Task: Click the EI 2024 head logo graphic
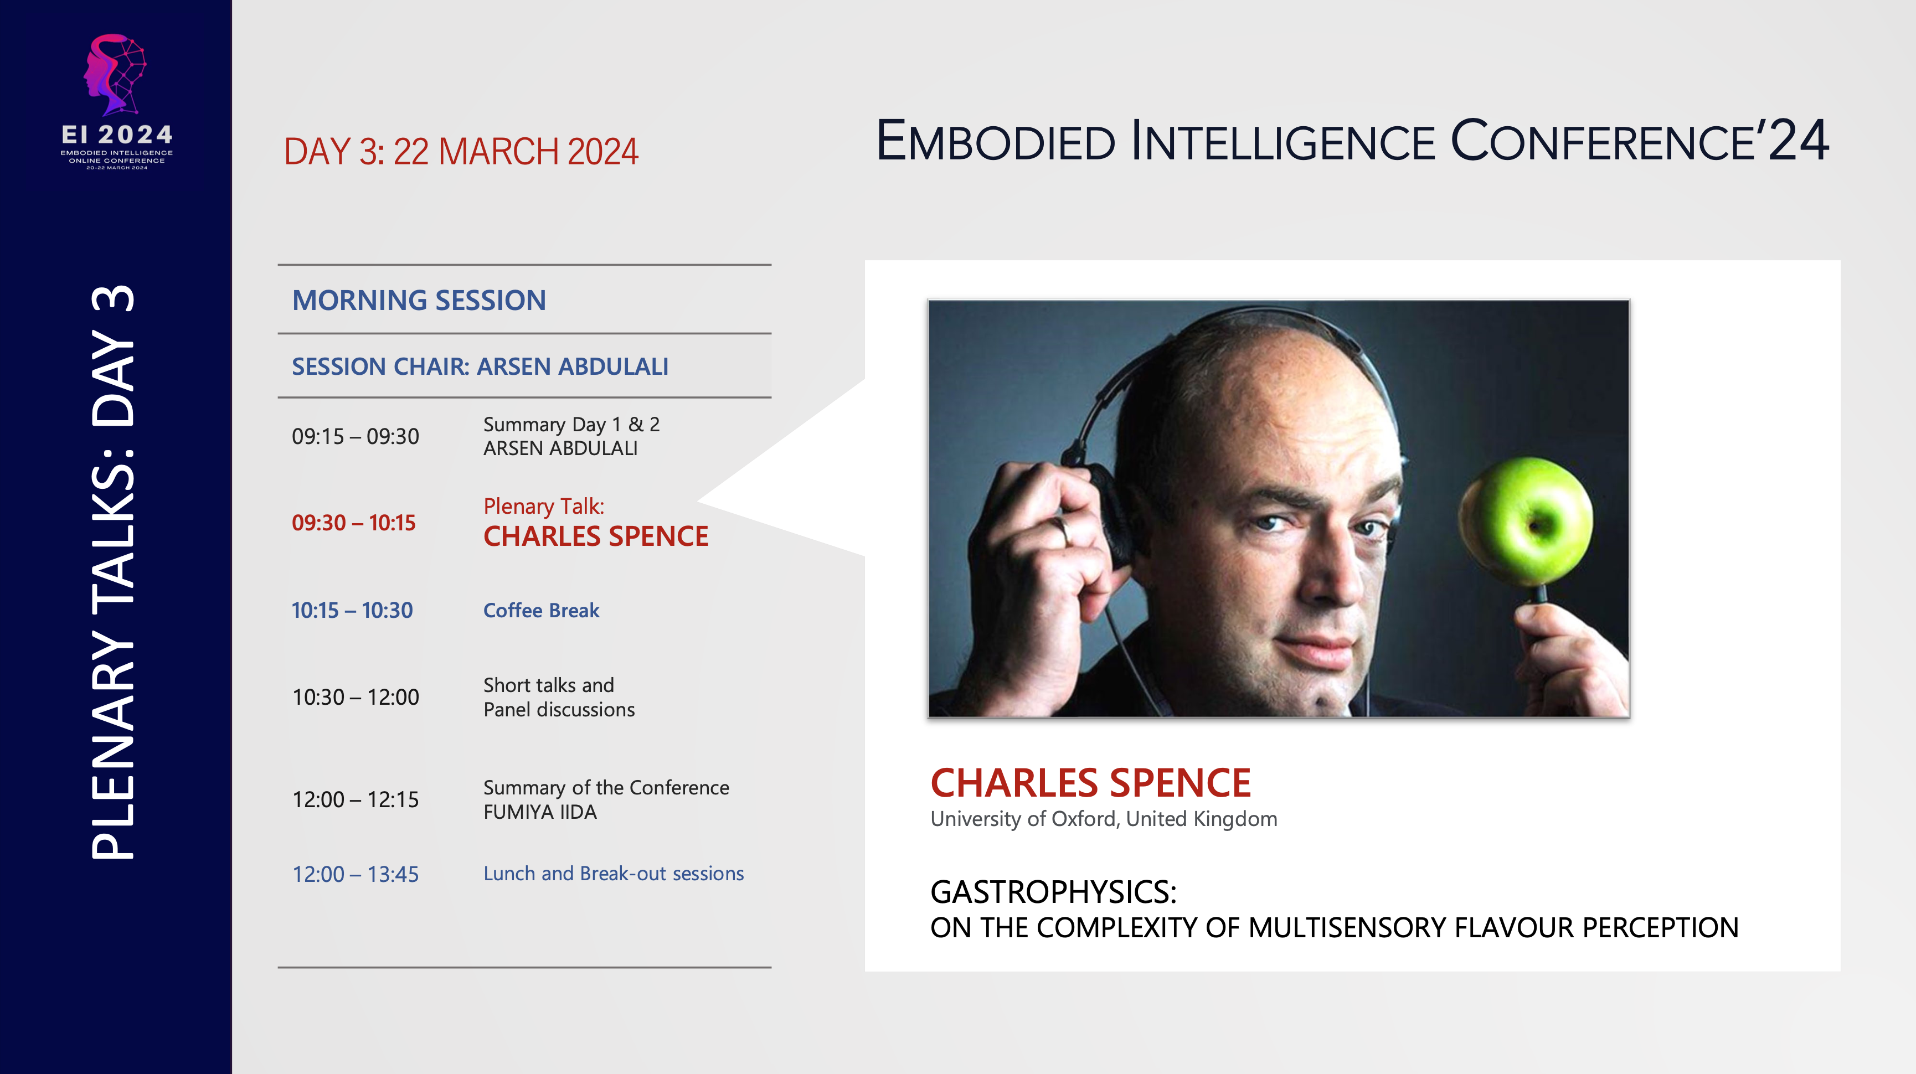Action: pos(115,74)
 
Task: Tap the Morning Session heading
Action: pos(419,301)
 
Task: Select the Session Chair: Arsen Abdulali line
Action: pos(480,366)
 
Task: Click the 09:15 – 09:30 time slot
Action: pos(355,437)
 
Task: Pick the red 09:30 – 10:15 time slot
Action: pos(353,523)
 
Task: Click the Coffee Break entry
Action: pos(540,611)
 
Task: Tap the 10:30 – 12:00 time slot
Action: pos(356,698)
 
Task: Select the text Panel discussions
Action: pos(559,710)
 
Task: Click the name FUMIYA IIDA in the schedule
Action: pos(540,812)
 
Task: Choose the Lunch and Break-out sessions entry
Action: pos(613,874)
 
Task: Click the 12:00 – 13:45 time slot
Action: pos(355,875)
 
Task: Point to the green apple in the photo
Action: pos(1524,520)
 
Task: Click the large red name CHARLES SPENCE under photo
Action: pos(1090,783)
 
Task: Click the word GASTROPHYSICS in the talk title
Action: pos(1053,892)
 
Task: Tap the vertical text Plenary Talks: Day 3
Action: pos(113,572)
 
